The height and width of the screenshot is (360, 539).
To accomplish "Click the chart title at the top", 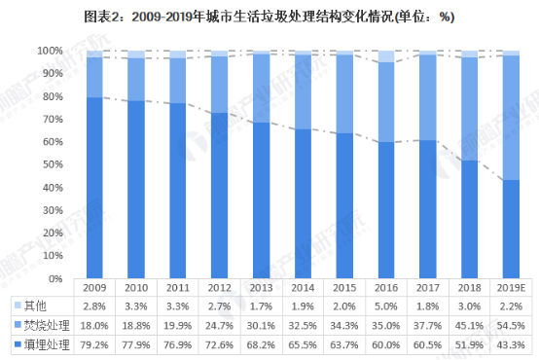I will (269, 17).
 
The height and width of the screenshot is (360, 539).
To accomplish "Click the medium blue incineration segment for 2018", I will (471, 108).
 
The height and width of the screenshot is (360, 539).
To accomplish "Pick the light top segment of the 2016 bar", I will (387, 56).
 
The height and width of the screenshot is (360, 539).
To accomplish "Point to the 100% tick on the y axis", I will (51, 51).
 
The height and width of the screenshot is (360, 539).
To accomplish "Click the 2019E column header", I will (513, 288).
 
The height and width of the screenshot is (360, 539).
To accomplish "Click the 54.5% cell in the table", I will (513, 324).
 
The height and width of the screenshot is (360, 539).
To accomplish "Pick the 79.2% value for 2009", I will (94, 343).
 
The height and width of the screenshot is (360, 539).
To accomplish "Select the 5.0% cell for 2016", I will (387, 306).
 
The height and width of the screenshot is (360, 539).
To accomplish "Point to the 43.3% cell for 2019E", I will (513, 343).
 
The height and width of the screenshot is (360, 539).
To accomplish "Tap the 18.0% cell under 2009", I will (94, 324).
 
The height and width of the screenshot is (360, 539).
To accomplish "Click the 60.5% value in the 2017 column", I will (429, 343).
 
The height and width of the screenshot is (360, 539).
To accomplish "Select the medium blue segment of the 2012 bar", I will (220, 85).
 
